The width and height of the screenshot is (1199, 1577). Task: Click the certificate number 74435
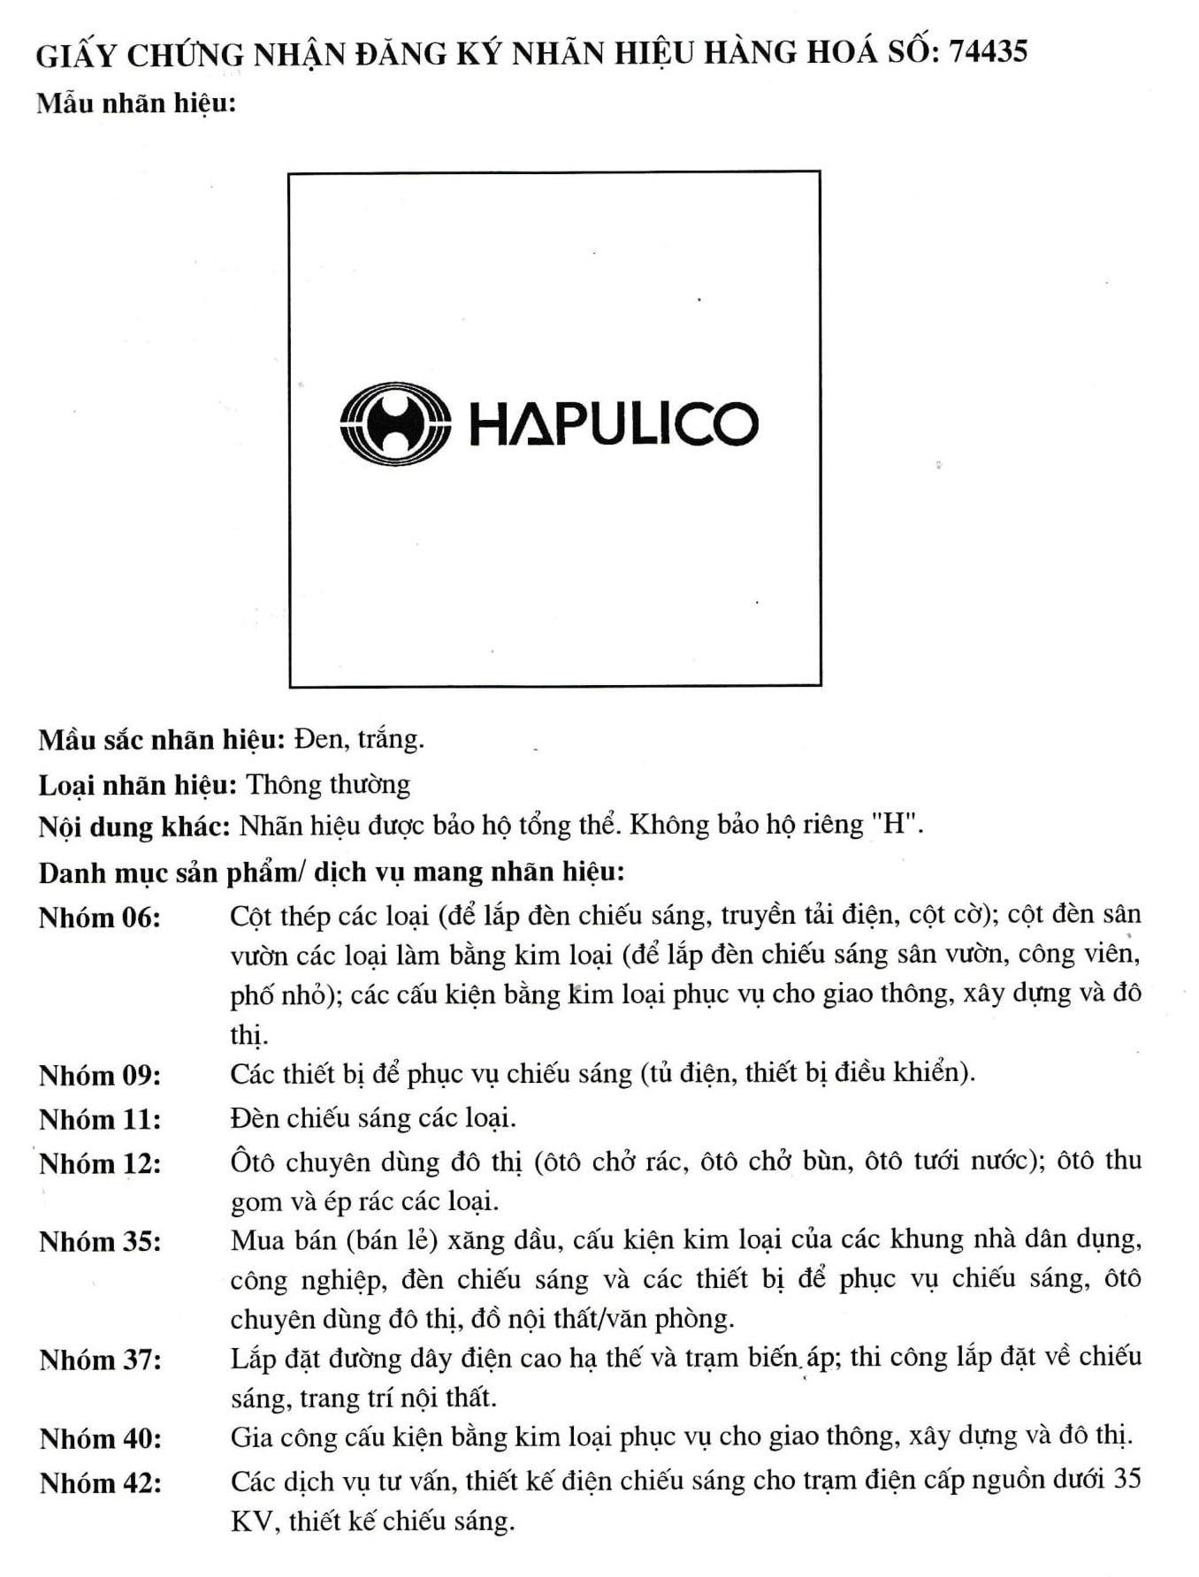coord(988,52)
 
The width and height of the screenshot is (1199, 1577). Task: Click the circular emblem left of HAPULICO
coord(394,423)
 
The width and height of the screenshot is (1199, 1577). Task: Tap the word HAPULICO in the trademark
coord(613,424)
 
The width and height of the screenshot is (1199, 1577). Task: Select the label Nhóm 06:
coord(100,918)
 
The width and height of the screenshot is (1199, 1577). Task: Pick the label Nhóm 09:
coord(100,1075)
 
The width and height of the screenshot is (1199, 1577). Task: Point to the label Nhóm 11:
coord(100,1119)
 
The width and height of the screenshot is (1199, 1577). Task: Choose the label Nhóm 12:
coord(100,1163)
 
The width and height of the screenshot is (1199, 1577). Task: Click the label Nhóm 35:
coord(100,1241)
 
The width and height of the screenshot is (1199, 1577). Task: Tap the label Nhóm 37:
coord(101,1360)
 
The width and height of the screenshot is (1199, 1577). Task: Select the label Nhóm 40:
coord(101,1438)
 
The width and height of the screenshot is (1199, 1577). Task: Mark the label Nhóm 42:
coord(101,1482)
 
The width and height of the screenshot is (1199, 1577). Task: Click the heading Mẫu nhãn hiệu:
coord(136,103)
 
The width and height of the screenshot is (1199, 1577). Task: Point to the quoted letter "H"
coord(895,825)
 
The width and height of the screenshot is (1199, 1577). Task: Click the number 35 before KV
coord(1126,1479)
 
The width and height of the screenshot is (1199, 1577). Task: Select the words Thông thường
coord(328,784)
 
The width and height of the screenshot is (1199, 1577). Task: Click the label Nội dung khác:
coord(134,827)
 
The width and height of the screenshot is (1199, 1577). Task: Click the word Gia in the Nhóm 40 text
coord(251,1437)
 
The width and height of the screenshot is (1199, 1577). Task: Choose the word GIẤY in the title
coord(76,55)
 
